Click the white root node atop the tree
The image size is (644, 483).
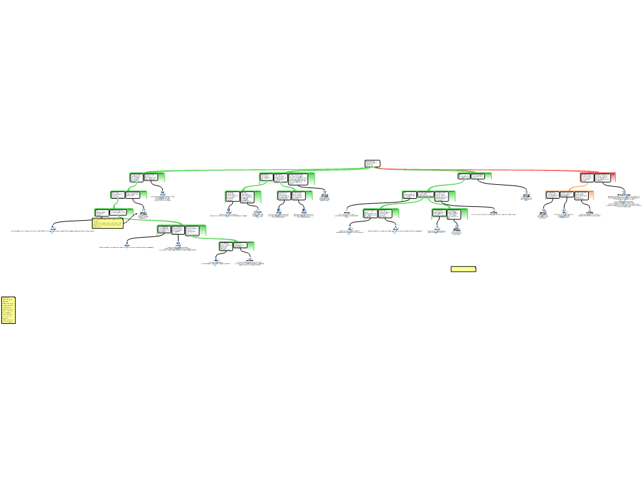(x=372, y=164)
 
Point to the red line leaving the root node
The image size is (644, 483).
(x=478, y=170)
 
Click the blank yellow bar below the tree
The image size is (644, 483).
(x=463, y=269)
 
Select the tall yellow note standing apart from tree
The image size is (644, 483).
(x=8, y=310)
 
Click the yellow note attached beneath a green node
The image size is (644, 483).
(x=108, y=223)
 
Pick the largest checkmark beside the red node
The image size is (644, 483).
(x=624, y=199)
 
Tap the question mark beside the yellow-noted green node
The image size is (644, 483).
(x=143, y=213)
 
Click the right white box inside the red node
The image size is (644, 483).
(x=602, y=177)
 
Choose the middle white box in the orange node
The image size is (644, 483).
(x=567, y=195)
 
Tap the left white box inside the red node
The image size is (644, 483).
(x=587, y=177)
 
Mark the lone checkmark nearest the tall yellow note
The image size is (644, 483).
(x=53, y=230)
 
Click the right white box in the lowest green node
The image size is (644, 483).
(x=240, y=246)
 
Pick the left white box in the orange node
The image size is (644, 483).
(x=552, y=195)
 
